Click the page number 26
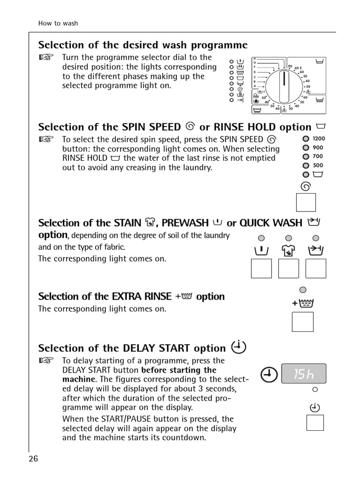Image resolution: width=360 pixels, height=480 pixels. [33, 458]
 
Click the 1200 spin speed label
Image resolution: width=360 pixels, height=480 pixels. [318, 139]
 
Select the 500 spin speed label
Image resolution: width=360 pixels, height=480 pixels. [318, 165]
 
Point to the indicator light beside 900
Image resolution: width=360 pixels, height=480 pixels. [306, 148]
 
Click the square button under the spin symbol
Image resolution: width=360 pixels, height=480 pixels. [306, 202]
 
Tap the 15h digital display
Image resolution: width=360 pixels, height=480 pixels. [304, 375]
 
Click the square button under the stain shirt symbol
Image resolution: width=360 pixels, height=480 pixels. [289, 269]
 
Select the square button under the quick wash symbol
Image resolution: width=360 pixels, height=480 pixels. [316, 269]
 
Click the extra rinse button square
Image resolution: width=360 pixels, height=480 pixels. [302, 322]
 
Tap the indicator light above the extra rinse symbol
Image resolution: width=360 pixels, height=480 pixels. [303, 289]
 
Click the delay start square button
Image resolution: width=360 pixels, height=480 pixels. [315, 423]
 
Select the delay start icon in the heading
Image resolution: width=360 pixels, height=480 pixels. [239, 347]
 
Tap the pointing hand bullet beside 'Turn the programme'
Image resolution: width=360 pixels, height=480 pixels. [46, 58]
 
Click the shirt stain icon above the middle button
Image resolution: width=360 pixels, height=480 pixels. [289, 251]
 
